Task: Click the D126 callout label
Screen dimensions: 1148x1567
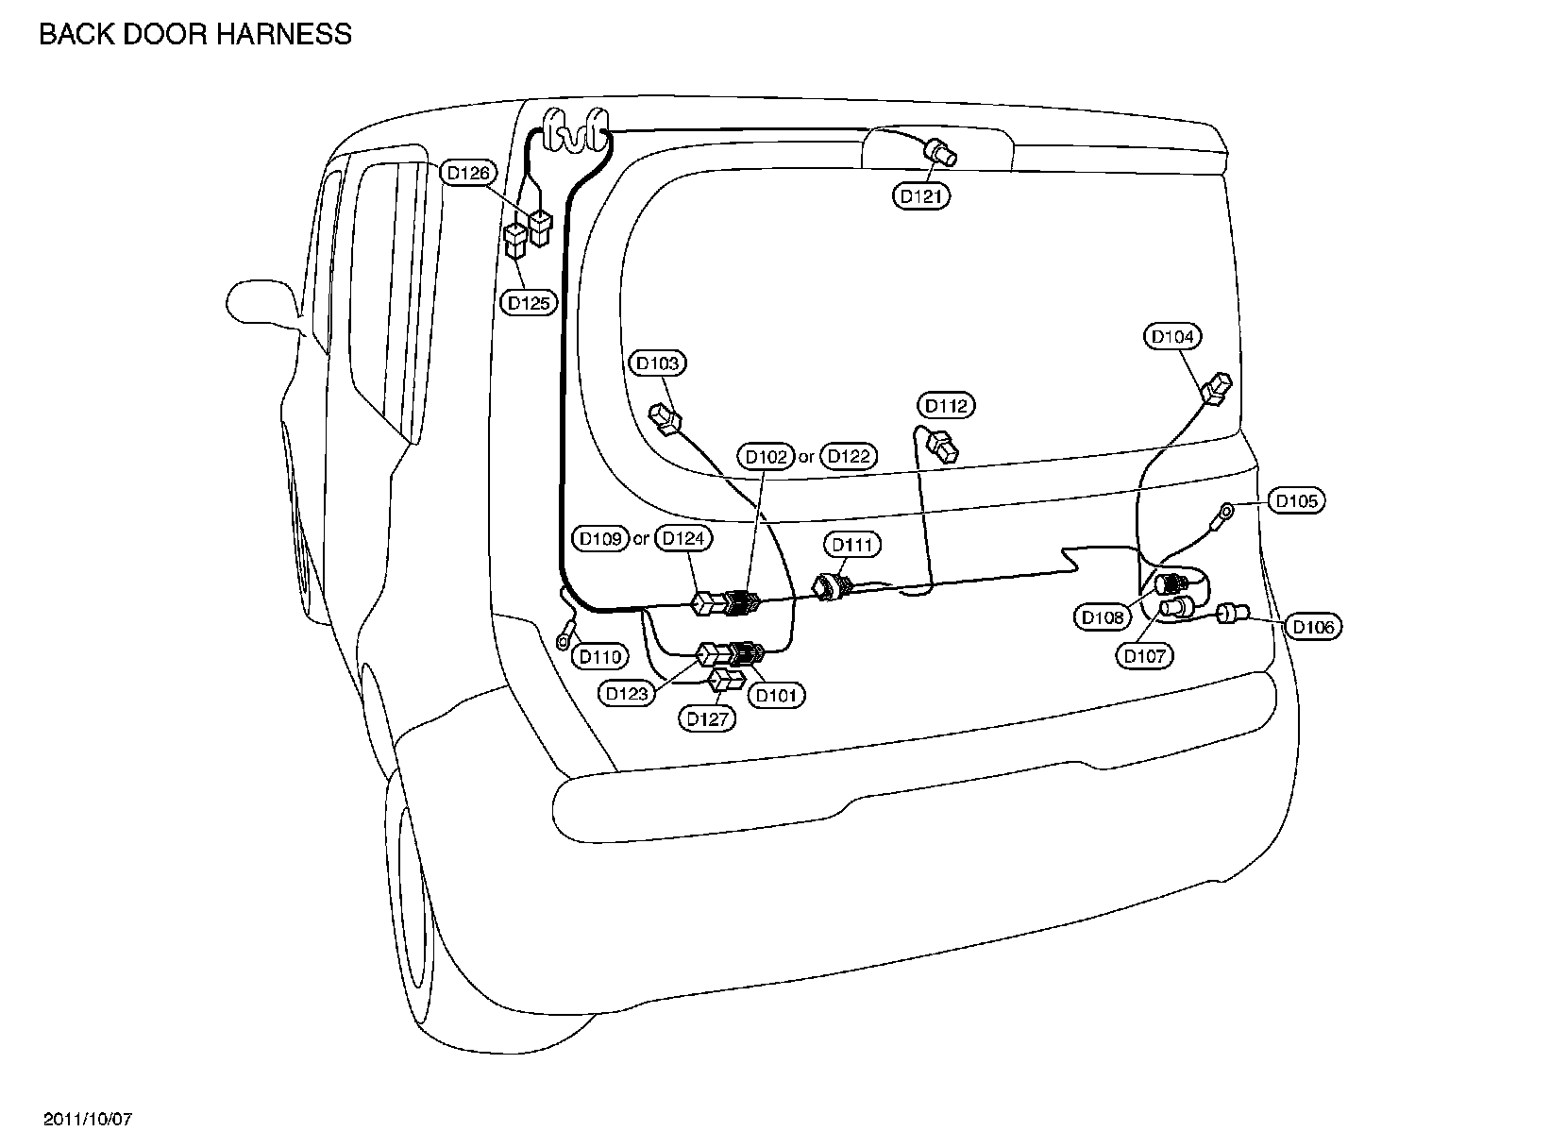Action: point(468,173)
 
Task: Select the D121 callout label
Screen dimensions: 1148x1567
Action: point(921,196)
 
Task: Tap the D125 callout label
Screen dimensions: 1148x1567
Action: point(529,303)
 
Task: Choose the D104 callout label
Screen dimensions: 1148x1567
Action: point(1173,336)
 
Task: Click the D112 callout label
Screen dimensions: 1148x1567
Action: point(947,406)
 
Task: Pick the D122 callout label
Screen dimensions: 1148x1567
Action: point(849,457)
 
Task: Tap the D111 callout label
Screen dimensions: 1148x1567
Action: point(852,545)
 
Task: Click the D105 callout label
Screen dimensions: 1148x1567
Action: point(1296,500)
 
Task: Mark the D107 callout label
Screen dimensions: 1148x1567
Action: point(1145,655)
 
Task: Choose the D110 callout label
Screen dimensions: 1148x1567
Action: point(600,656)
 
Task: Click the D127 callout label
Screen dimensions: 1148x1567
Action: point(709,719)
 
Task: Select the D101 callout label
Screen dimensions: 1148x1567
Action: point(777,696)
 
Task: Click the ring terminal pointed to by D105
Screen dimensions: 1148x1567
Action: point(1225,514)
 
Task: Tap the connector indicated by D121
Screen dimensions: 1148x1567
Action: point(940,150)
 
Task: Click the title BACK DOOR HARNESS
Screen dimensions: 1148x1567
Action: point(195,35)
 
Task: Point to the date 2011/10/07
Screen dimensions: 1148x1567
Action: point(89,1119)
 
